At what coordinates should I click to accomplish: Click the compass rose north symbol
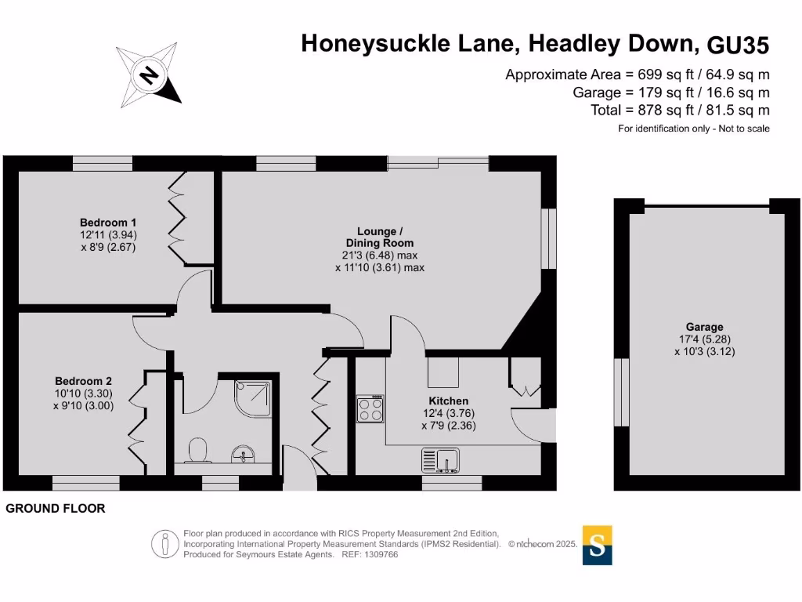point(149,75)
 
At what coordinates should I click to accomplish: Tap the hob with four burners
point(370,408)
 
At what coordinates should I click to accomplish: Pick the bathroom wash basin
point(244,455)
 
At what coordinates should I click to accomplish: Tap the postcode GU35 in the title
point(738,45)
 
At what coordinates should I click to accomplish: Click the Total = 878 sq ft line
point(680,110)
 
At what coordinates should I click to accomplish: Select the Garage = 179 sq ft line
point(671,92)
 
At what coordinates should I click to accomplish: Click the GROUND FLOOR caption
point(56,509)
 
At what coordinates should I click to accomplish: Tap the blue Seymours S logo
point(598,545)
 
